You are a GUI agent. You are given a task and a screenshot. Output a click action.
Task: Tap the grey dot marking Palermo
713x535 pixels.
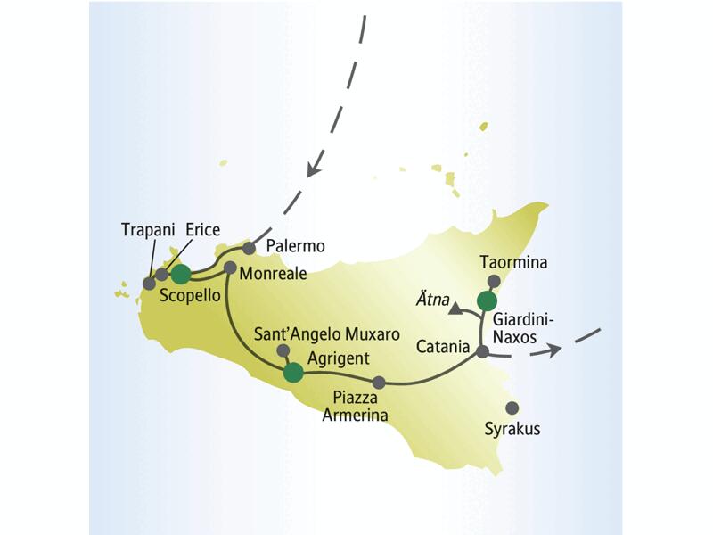(x=250, y=248)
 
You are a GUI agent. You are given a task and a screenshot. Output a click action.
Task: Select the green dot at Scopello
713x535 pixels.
(x=181, y=274)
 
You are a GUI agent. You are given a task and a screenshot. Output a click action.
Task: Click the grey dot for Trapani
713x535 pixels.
(x=149, y=284)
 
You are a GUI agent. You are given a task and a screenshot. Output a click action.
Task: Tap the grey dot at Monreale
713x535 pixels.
(x=230, y=267)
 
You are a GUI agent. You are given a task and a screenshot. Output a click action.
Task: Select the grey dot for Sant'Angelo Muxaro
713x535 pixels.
(x=283, y=350)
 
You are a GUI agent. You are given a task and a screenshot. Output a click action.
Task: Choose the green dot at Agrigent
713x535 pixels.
(x=292, y=373)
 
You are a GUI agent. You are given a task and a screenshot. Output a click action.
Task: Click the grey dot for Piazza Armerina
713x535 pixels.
(x=379, y=383)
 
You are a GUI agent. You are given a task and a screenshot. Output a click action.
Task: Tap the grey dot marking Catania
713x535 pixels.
(x=482, y=352)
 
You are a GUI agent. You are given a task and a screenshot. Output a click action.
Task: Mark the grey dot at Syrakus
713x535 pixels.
(x=512, y=408)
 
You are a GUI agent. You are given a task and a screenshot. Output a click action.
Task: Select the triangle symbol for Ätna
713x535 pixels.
(x=455, y=309)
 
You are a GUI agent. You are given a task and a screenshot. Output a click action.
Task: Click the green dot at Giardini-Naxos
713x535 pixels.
(x=485, y=300)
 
